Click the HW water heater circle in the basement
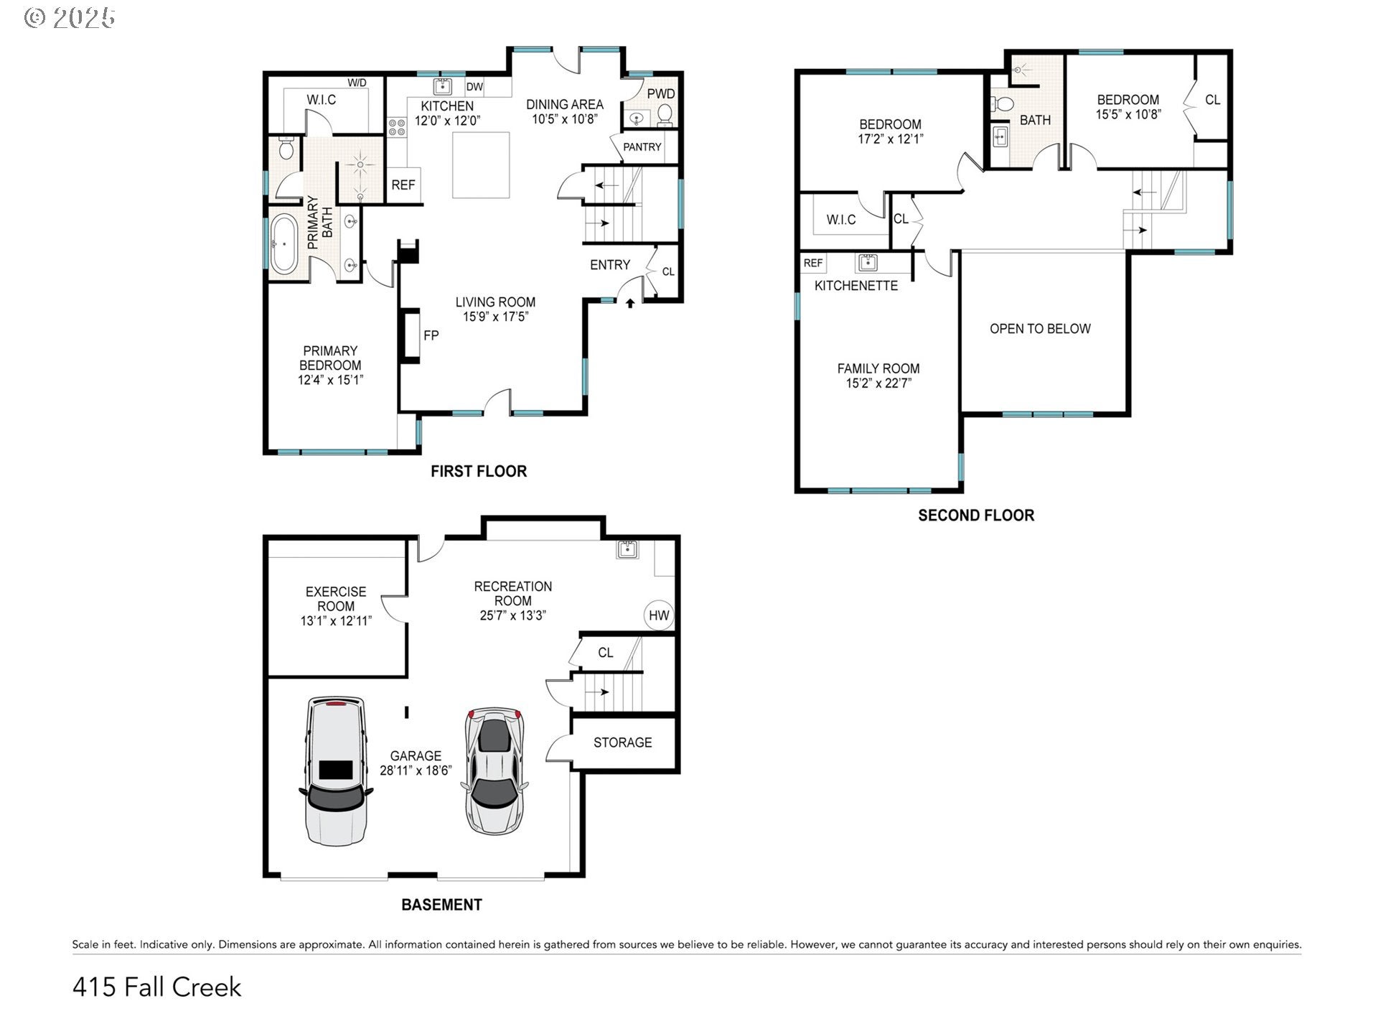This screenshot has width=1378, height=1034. pos(658,615)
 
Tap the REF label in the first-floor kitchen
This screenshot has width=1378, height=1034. pos(403,185)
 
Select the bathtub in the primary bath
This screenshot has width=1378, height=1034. pos(283,243)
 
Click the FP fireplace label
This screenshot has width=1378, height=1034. pos(431,335)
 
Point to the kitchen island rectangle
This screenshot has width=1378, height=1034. pos(481,164)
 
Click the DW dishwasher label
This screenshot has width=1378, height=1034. pos(474,88)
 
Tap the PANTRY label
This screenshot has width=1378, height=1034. pos(642,147)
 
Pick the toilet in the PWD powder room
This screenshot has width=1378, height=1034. pos(665,114)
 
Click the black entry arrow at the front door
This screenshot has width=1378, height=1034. pos(630,304)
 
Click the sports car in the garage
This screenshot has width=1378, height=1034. pos(495,770)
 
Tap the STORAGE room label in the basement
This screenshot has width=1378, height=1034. pos(622,742)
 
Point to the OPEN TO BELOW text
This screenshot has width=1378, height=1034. pos(1039,329)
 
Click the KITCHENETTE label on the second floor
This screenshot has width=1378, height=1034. pos(856,286)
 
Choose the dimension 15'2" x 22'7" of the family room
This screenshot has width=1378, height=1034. pos(878,383)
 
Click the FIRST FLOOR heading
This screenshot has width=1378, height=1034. pos(478,471)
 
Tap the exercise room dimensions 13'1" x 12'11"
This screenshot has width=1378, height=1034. pos(335,621)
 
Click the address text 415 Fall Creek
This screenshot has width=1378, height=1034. pos(156,987)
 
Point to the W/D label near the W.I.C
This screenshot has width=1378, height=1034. pos(357,83)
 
